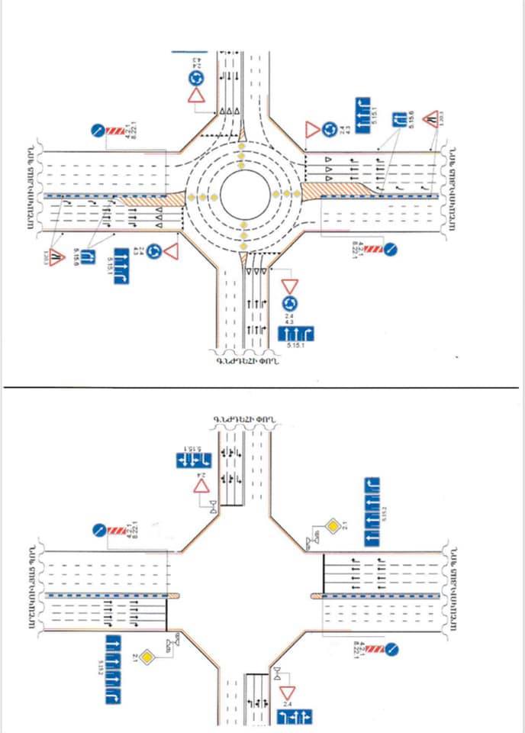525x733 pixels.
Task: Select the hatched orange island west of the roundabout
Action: (150, 199)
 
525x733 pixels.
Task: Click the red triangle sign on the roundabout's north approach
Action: (197, 95)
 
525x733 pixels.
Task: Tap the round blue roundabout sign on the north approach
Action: (197, 76)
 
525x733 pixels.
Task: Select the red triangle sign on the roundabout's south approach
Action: (289, 286)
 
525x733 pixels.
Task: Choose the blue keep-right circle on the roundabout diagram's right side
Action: (389, 249)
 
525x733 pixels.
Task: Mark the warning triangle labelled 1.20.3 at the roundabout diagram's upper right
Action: (430, 118)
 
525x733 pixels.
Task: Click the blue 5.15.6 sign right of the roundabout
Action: (398, 121)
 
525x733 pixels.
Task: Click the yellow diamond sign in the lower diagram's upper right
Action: (333, 525)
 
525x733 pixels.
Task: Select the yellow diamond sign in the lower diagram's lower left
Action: (150, 655)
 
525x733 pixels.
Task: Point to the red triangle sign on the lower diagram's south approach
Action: (288, 692)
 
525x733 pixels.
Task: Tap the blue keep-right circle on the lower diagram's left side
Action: (97, 528)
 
